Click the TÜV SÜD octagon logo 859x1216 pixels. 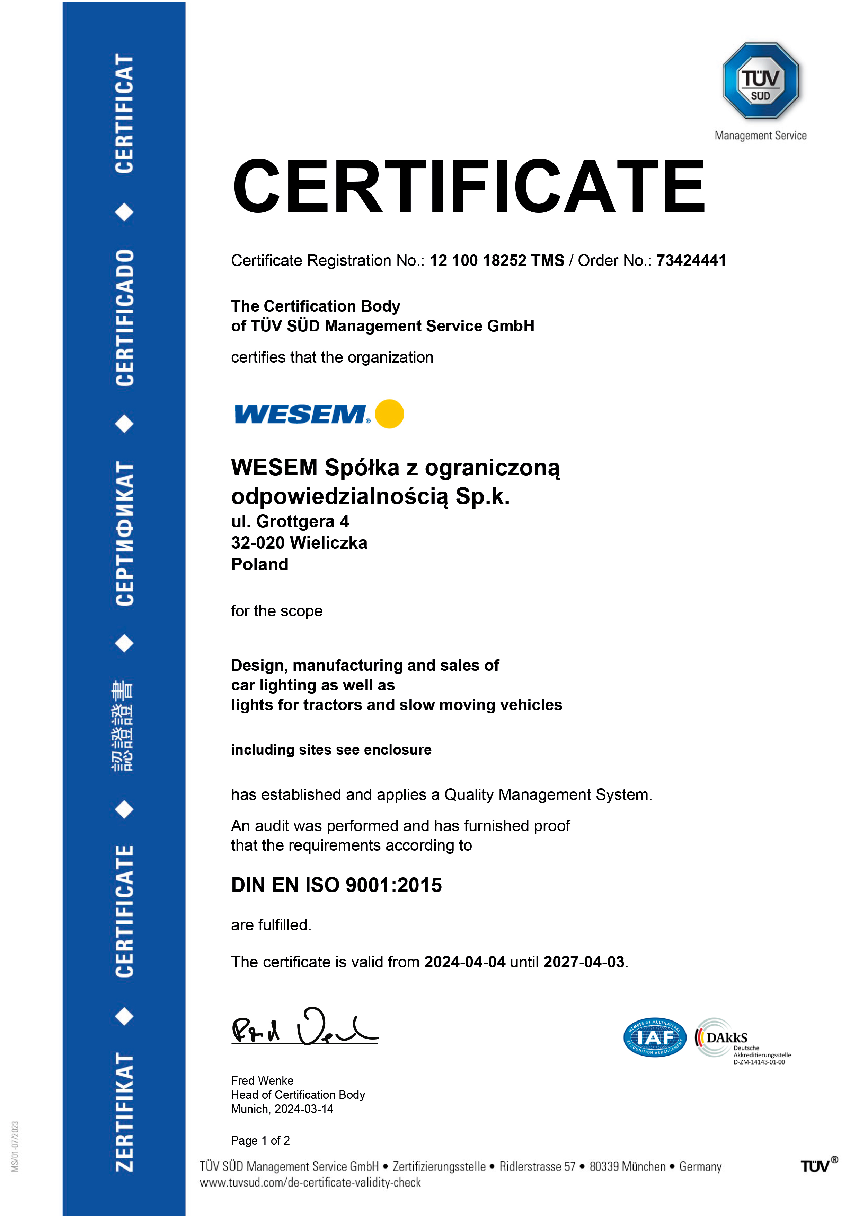pyautogui.click(x=761, y=80)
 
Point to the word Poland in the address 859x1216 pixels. pyautogui.click(x=259, y=565)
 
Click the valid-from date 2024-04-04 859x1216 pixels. pyautogui.click(x=465, y=962)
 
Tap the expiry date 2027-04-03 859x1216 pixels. pyautogui.click(x=584, y=962)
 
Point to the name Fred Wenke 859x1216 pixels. pyautogui.click(x=262, y=1080)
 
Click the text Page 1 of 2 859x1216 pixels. pyautogui.click(x=260, y=1140)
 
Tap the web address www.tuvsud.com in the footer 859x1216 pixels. pyautogui.click(x=310, y=1183)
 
